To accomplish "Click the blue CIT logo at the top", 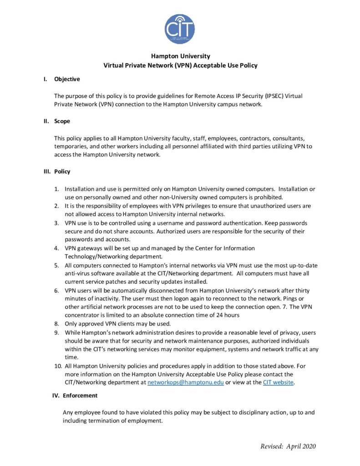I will pyautogui.click(x=180, y=29).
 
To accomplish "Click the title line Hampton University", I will pyautogui.click(x=180, y=56).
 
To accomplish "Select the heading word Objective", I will pyautogui.click(x=67, y=79).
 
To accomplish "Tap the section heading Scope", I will pyautogui.click(x=62, y=122).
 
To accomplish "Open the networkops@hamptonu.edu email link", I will pyautogui.click(x=185, y=382).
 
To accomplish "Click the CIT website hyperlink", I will pyautogui.click(x=279, y=382).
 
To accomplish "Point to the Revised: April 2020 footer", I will pyautogui.click(x=288, y=446).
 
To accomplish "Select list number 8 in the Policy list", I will pyautogui.click(x=57, y=324).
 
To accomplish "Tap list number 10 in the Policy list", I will pyautogui.click(x=58, y=366).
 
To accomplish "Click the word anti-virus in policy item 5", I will pyautogui.click(x=78, y=274).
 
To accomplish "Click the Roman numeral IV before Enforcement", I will pyautogui.click(x=56, y=395).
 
